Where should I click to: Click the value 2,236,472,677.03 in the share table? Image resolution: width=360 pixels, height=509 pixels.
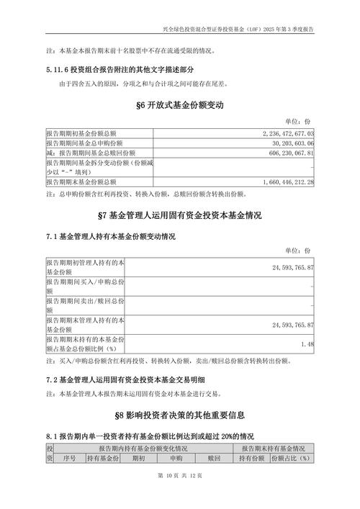tap(284, 134)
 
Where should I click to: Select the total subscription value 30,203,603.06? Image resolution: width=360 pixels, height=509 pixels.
tap(289, 143)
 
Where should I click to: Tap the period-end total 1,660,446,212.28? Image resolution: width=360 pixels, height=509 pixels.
tap(284, 183)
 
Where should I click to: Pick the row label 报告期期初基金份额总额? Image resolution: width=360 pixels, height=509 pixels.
tap(81, 134)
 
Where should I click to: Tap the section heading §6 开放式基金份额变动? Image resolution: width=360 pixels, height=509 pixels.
tap(180, 105)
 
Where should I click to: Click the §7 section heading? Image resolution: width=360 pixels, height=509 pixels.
tap(180, 216)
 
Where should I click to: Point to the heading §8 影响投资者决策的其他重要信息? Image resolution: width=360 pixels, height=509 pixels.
tap(180, 415)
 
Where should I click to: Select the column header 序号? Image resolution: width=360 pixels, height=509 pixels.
tap(69, 458)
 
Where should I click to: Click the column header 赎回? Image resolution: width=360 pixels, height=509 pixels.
tap(214, 458)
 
